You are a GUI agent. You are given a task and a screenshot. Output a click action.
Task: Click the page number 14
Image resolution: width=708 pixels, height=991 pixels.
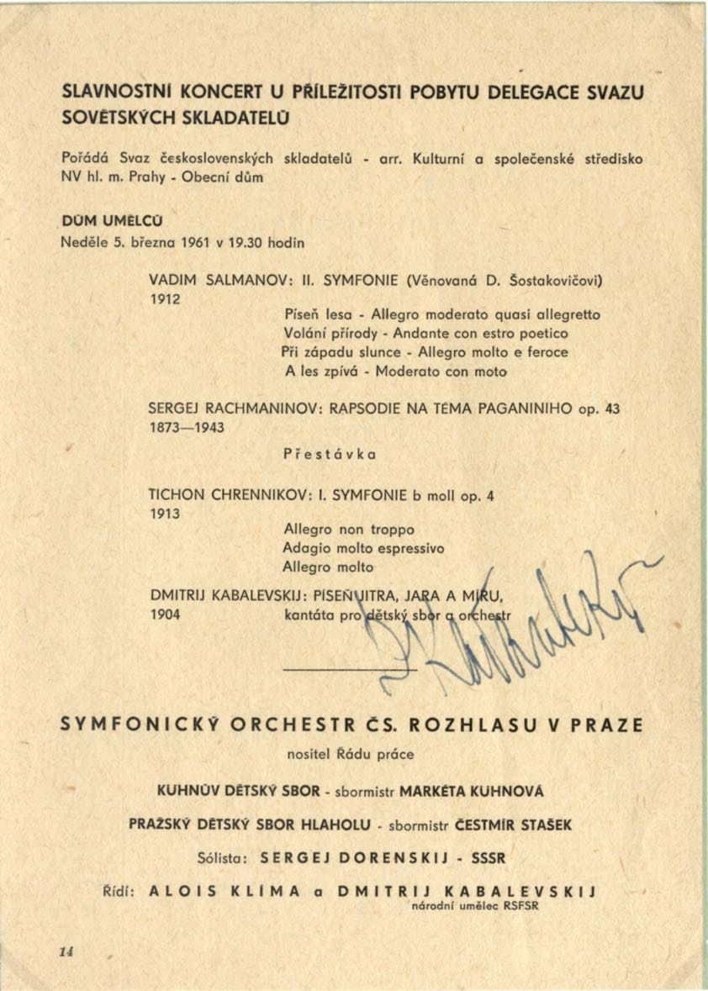click(67, 951)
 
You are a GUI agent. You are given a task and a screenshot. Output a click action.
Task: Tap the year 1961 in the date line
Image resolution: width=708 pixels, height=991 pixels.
click(181, 243)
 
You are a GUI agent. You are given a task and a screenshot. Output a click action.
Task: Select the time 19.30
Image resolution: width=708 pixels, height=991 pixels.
click(229, 243)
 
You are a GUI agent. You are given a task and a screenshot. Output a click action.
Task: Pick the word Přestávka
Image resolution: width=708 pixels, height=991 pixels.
click(330, 454)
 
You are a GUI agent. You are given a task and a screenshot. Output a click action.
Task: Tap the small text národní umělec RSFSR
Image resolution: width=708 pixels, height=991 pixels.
click(474, 906)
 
